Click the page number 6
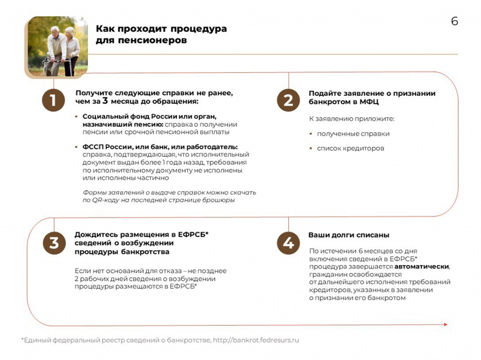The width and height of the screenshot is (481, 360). (454, 22)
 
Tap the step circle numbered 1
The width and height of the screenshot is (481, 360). (53, 100)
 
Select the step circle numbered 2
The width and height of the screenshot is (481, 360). (288, 100)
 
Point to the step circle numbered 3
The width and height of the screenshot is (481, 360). (54, 243)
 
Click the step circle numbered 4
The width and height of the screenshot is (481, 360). (288, 243)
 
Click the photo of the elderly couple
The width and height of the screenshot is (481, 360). (57, 46)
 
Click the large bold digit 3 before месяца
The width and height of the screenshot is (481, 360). (105, 101)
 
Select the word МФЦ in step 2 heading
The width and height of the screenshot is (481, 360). (370, 101)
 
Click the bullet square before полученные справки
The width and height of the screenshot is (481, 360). (310, 134)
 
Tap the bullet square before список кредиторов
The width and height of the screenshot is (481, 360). (310, 148)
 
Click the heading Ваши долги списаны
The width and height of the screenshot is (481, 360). (349, 235)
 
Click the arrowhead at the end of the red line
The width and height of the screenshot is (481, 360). (445, 324)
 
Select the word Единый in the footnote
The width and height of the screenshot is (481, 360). (37, 340)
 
